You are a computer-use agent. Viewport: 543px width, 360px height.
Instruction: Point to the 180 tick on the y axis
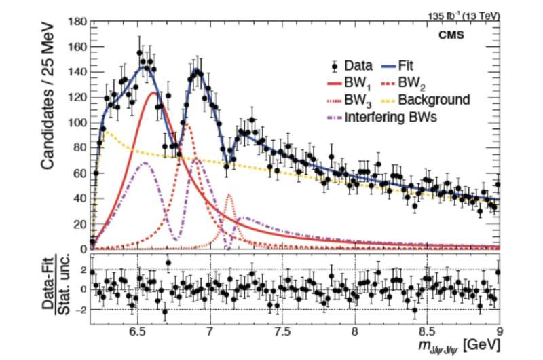coord(77,22)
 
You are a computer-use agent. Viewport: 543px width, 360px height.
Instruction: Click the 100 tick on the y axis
coord(77,123)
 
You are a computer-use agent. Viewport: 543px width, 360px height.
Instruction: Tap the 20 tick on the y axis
coord(79,223)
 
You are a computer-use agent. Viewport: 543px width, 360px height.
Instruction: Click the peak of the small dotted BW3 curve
coord(229,195)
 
